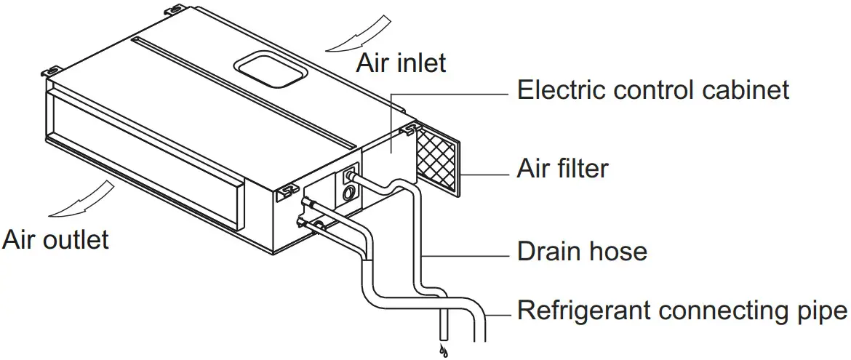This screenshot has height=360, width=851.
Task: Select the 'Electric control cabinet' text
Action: pos(652,90)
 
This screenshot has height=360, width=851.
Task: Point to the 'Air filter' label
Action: pos(562,169)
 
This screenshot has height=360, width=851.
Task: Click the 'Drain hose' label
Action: pos(582,252)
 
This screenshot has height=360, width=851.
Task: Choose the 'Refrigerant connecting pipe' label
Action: pos(682,311)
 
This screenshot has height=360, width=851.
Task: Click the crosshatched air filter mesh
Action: pos(436,162)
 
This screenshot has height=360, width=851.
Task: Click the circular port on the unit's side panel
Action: pos(349,193)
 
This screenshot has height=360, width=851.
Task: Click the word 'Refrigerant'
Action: pos(583,311)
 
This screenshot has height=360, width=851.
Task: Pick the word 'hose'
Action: pos(618,252)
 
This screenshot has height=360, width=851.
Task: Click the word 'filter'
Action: pos(580,169)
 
